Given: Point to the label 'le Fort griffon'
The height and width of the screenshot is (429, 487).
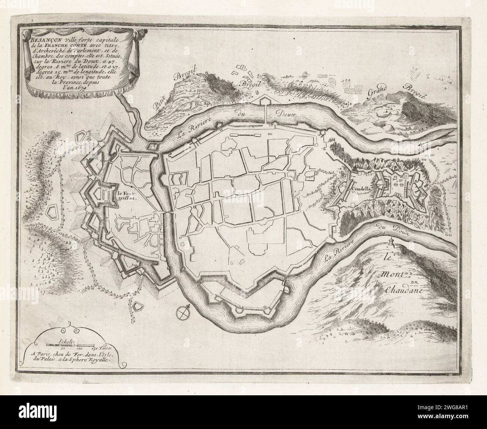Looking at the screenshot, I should click(127, 197).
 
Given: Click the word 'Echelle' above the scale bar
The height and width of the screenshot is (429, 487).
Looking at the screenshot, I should click(67, 341).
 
